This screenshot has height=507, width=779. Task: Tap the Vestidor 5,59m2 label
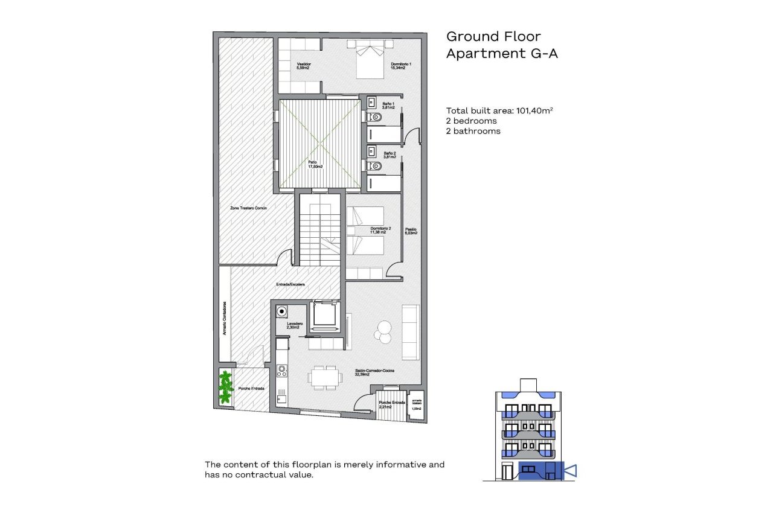[303, 66]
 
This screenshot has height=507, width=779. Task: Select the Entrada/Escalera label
[290, 284]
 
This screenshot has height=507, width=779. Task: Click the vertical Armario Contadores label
[225, 319]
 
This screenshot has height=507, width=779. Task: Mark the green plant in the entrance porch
[226, 387]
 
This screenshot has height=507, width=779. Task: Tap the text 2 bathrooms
[473, 130]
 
